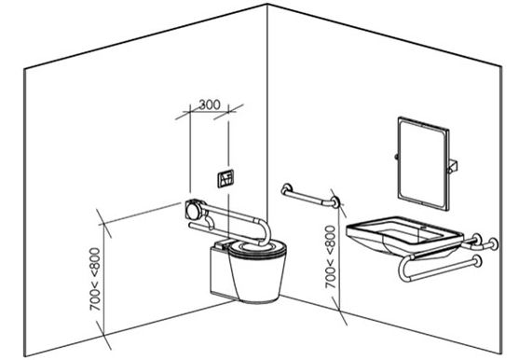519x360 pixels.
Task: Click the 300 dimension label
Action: point(209,104)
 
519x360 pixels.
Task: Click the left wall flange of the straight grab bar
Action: point(285,189)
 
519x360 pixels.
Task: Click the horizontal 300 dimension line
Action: point(209,113)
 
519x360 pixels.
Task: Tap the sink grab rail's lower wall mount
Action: point(483,262)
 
